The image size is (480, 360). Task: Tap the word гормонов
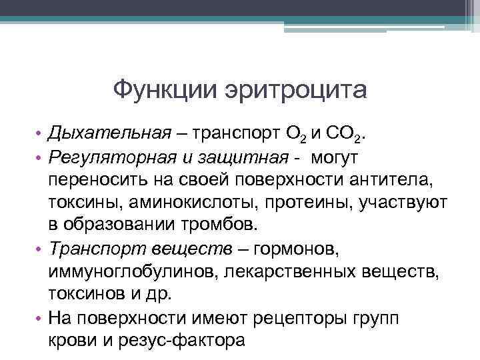coord(302,249)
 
